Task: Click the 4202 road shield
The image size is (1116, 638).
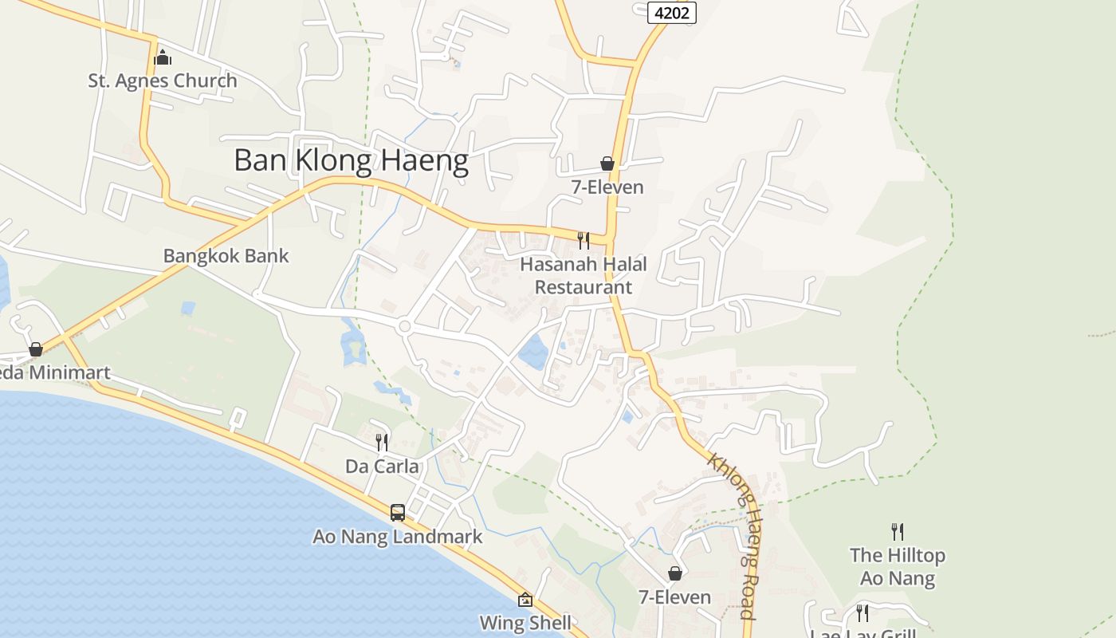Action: pyautogui.click(x=673, y=13)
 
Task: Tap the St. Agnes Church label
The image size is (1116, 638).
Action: pyautogui.click(x=163, y=81)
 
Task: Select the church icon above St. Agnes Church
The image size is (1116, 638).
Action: pyautogui.click(x=163, y=57)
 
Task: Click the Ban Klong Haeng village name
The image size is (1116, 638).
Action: pyautogui.click(x=351, y=161)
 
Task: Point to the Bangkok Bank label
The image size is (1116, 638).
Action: pyautogui.click(x=226, y=256)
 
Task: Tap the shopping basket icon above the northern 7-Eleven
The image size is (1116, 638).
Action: pyautogui.click(x=607, y=163)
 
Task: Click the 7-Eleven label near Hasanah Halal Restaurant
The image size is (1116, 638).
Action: pyautogui.click(x=607, y=187)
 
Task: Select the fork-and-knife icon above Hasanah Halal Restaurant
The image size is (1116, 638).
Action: pyautogui.click(x=584, y=240)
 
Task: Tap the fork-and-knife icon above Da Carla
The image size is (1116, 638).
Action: pyautogui.click(x=382, y=442)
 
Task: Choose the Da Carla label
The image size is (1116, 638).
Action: pyautogui.click(x=382, y=466)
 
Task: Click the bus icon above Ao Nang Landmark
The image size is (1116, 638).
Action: pyautogui.click(x=397, y=512)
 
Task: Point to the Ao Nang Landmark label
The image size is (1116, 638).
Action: pyautogui.click(x=397, y=537)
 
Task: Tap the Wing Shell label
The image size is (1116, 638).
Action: pyautogui.click(x=525, y=623)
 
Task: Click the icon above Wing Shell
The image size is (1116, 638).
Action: pyautogui.click(x=525, y=600)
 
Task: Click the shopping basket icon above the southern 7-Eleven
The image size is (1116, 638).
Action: pyautogui.click(x=675, y=573)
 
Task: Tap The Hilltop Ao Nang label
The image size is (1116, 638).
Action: pyautogui.click(x=898, y=566)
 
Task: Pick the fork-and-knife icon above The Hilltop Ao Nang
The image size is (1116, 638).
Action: pyautogui.click(x=898, y=531)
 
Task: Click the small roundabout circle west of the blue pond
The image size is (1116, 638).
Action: pyautogui.click(x=404, y=326)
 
